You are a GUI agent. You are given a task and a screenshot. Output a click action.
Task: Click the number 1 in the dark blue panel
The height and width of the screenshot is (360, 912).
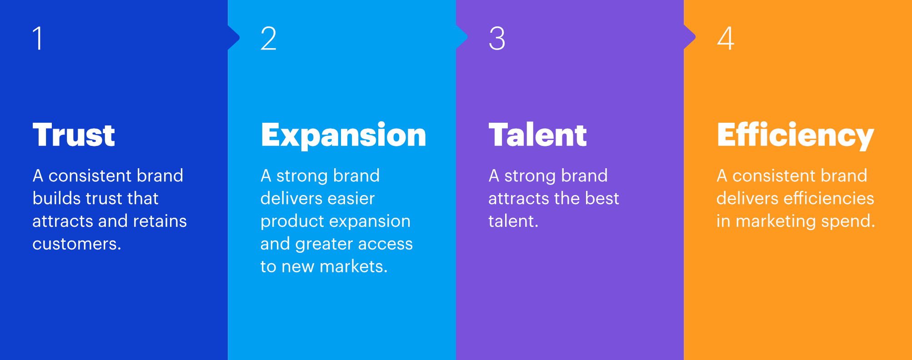pos(38,38)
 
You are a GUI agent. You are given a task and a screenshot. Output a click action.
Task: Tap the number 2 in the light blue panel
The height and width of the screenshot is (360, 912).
pos(268,38)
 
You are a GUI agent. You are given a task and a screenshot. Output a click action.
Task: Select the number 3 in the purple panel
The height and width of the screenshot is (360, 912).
pos(497,38)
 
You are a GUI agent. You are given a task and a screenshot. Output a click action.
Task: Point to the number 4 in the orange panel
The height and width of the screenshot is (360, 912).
pos(726,38)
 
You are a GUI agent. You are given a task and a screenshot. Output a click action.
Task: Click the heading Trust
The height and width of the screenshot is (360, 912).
pos(74,135)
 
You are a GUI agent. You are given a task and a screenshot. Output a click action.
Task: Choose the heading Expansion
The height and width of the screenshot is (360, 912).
pos(344,135)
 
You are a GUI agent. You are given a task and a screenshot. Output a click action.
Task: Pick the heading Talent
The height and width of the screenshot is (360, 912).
pos(538,135)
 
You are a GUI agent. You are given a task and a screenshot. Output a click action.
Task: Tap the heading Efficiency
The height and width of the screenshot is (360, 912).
pos(796,135)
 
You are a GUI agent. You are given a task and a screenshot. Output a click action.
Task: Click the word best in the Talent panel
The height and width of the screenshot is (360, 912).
pos(602,199)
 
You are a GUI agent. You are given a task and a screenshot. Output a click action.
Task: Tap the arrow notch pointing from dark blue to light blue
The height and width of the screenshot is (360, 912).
pos(234,38)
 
